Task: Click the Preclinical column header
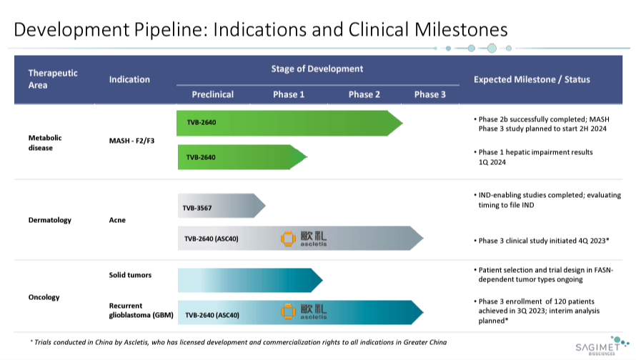pos(212,94)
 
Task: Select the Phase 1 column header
pos(289,94)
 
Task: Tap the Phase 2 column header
pos(364,94)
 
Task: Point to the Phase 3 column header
pos(430,94)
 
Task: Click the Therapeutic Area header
pos(53,79)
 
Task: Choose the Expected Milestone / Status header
pos(532,79)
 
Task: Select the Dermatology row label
pos(50,220)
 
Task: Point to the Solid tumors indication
pos(130,275)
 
